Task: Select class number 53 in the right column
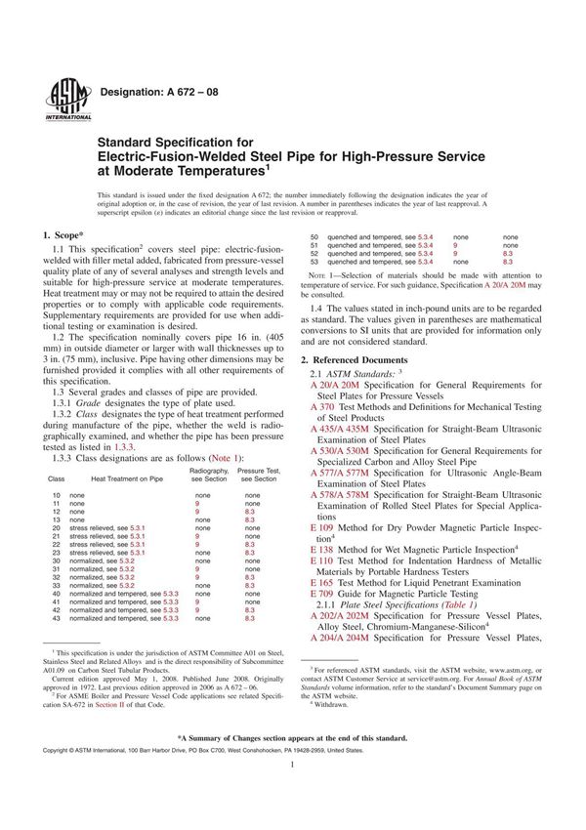314,262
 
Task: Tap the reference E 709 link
321,594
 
